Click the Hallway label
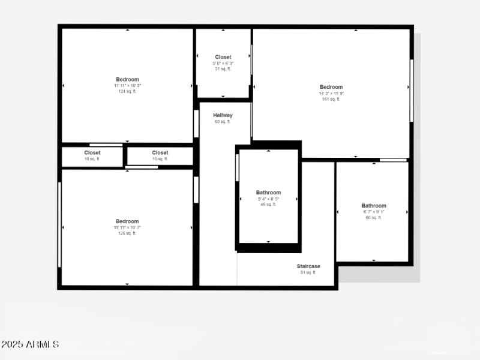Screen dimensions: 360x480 point(223,115)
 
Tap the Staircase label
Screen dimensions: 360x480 point(308,266)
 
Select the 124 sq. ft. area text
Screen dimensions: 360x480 point(127,91)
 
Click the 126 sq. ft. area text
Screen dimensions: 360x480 point(127,233)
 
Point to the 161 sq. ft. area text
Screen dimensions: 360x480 point(331,99)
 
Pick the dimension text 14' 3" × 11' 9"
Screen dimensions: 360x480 point(331,93)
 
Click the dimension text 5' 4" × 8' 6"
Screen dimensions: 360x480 point(268,199)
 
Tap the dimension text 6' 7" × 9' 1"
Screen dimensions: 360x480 point(374,212)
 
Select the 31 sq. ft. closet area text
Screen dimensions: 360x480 point(223,69)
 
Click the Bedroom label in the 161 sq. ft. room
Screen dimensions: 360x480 point(331,87)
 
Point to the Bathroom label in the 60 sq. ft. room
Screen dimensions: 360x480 point(374,206)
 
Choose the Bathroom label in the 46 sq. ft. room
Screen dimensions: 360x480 point(268,193)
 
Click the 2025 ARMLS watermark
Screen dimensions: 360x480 point(30,344)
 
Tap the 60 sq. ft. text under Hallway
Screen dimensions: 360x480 point(223,122)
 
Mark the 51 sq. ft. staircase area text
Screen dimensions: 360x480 point(308,272)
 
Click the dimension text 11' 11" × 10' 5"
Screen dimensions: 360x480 point(127,85)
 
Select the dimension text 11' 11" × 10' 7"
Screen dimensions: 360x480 point(127,227)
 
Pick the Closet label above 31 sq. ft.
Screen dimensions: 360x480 point(223,57)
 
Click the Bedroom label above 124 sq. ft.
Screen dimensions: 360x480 point(127,79)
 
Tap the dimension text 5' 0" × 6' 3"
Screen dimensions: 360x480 point(223,63)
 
